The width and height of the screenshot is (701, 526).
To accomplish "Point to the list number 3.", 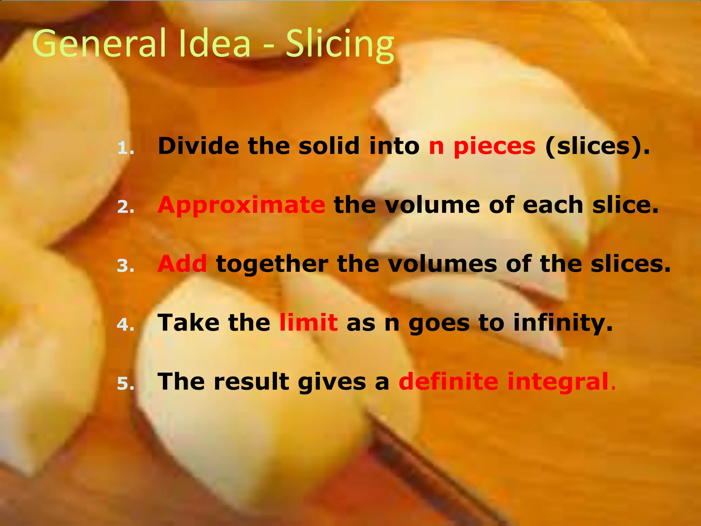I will click(125, 266).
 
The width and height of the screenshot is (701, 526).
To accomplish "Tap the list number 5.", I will click(125, 384).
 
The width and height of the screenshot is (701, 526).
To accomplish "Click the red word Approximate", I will click(241, 205).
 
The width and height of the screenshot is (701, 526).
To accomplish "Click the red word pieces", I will click(494, 147).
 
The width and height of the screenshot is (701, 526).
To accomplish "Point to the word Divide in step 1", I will click(199, 146).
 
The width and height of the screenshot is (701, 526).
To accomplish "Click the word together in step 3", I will click(272, 264).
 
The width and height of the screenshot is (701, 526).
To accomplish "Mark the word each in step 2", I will click(553, 205).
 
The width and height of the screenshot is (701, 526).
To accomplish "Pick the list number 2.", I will click(125, 207).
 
